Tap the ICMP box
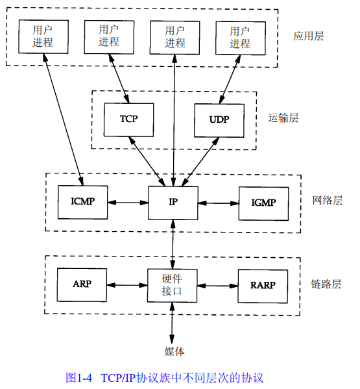coord(82,201)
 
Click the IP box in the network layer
coord(173,202)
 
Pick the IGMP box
coord(263,202)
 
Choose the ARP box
coord(82,284)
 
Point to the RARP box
coord(263,284)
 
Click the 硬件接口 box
coord(173,284)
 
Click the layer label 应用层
coord(308,36)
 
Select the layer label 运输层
coord(283,118)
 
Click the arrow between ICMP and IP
coord(128,202)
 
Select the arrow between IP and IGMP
coord(218,202)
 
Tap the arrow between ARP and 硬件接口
coord(128,284)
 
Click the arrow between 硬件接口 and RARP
coord(218,284)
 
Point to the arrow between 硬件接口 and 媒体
coord(173,322)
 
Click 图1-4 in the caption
coord(80,377)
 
